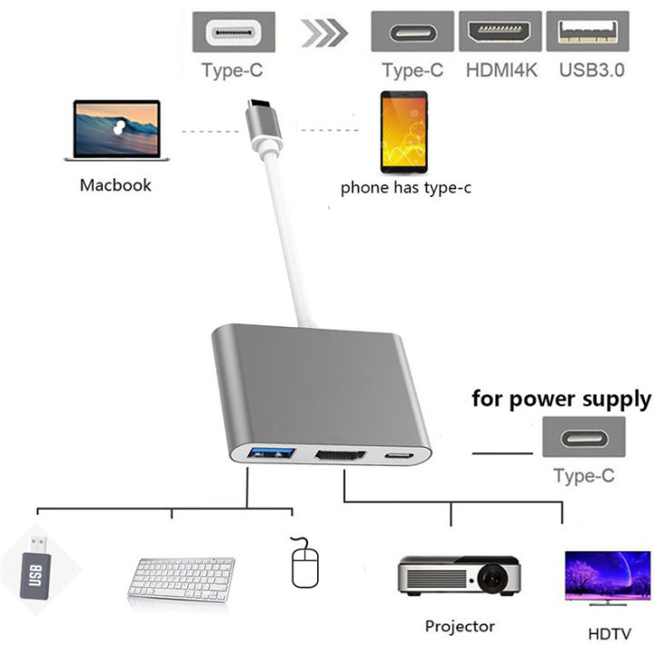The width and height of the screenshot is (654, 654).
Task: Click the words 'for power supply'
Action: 560,399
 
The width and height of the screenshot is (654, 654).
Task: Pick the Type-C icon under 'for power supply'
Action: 583,437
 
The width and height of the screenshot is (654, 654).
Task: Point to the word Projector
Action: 460,626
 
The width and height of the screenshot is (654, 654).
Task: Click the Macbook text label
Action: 115,185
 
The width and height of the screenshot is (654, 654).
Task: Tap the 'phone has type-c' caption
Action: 405,189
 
